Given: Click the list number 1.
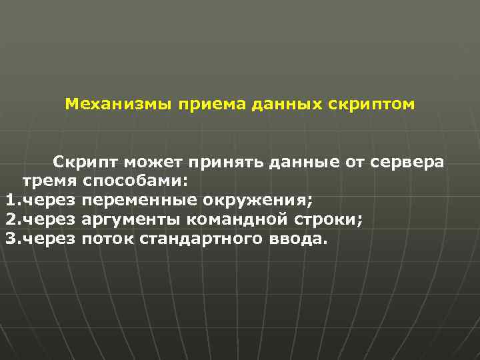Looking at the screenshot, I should pos(11,200).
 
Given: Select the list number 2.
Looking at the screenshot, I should pos(11,219).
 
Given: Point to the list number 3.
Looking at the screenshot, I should pos(11,239).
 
